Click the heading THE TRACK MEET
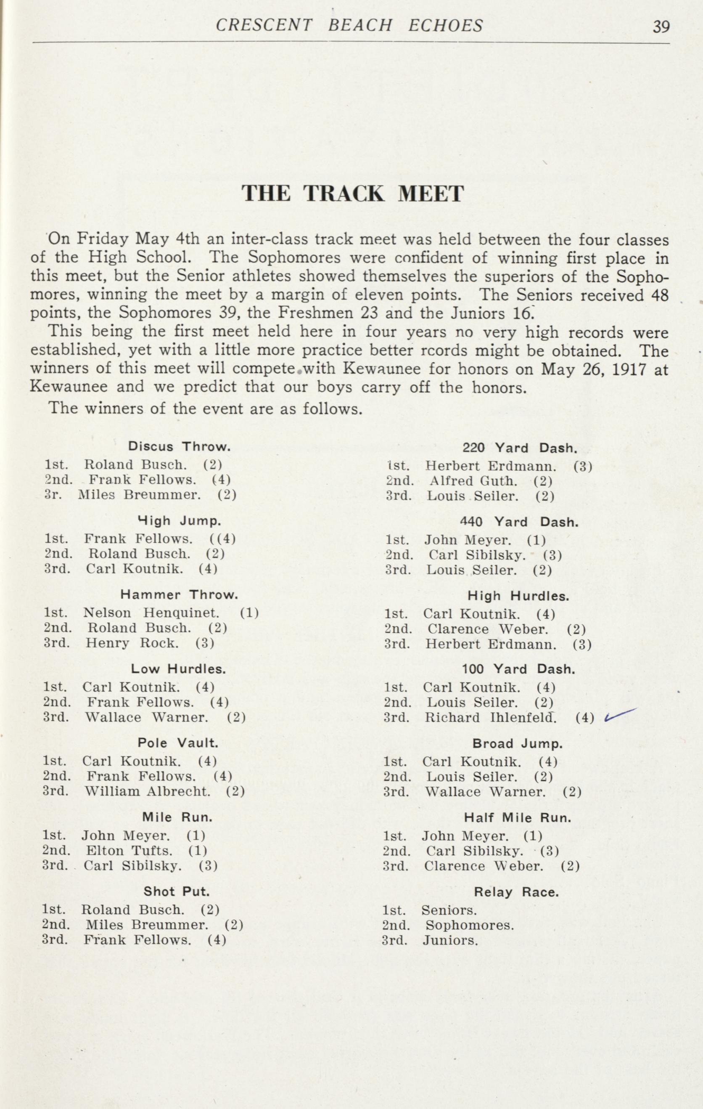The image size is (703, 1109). pos(353,194)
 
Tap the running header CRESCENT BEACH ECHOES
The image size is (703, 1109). pos(349,26)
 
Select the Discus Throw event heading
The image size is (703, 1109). pos(179,446)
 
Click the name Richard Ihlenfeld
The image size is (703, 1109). pos(490,718)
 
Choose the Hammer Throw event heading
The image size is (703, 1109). pos(179,594)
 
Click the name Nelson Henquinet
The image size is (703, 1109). pos(151,613)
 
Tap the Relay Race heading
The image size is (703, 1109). pos(516,892)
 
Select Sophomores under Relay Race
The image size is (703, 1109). pos(470,925)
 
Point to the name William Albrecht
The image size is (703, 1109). pos(147,792)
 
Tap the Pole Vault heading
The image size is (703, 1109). pos(178,743)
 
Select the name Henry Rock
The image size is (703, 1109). pos(132,642)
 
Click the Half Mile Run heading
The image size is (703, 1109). pos(517,818)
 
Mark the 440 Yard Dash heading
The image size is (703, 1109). pos(519,522)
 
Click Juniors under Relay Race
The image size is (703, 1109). pos(450,940)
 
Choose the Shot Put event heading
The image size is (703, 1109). pos(177,891)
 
